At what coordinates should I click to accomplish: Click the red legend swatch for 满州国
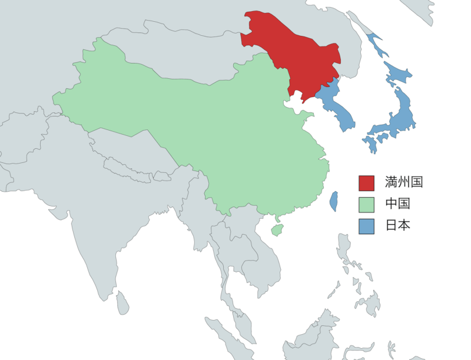[x=366, y=183]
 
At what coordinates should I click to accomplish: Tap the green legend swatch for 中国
[x=366, y=205]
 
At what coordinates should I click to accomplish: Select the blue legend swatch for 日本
[x=366, y=226]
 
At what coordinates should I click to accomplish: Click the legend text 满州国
[x=404, y=182]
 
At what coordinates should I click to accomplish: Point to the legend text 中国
[x=397, y=204]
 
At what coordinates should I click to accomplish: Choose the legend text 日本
[x=397, y=225]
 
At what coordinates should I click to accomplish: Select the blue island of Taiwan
[x=333, y=201]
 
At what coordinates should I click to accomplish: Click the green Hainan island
[x=276, y=229]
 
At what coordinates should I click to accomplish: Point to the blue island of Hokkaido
[x=397, y=74]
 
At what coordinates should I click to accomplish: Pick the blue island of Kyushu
[x=370, y=143]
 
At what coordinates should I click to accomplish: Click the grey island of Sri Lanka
[x=122, y=303]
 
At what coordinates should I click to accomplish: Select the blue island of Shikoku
[x=382, y=136]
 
